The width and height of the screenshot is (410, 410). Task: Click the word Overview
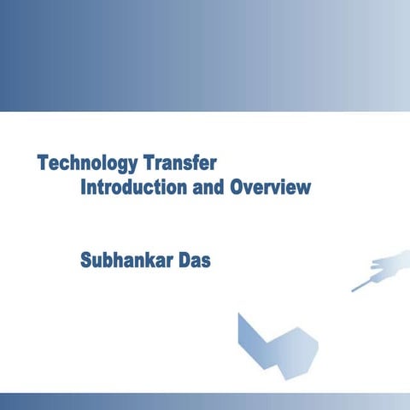click(x=270, y=187)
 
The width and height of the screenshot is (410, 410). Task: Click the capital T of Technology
click(x=42, y=162)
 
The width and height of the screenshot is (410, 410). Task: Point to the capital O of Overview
click(x=237, y=187)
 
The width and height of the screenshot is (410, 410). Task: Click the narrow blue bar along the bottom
click(x=205, y=401)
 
